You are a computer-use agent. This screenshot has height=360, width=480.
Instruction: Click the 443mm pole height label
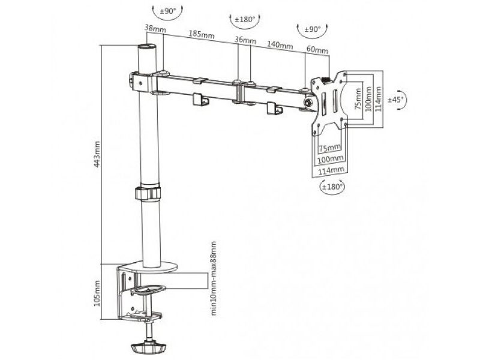tap(97, 154)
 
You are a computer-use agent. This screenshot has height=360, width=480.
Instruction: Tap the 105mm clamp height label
tap(97, 293)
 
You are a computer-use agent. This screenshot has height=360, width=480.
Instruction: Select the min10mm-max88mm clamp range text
tap(214, 278)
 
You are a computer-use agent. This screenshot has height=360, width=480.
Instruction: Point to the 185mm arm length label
tap(201, 34)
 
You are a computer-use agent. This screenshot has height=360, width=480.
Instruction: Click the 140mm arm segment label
tap(280, 44)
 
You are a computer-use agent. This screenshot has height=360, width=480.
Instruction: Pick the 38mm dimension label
tap(155, 28)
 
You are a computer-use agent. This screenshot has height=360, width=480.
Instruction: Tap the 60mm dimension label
tap(317, 50)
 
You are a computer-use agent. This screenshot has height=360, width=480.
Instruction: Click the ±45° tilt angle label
tap(396, 100)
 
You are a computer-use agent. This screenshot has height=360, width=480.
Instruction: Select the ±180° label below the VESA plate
tap(332, 187)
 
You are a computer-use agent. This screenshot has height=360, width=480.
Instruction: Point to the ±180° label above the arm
tap(245, 20)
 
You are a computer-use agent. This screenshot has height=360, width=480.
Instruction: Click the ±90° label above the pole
tap(168, 11)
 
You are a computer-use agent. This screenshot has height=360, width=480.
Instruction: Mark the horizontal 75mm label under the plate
tap(330, 148)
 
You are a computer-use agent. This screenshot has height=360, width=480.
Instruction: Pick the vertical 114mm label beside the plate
tap(379, 99)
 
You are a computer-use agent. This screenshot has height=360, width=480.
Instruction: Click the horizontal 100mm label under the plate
tap(331, 159)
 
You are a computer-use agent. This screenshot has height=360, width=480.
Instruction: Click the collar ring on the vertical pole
tap(148, 193)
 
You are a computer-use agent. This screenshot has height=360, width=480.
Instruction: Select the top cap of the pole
tap(147, 47)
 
